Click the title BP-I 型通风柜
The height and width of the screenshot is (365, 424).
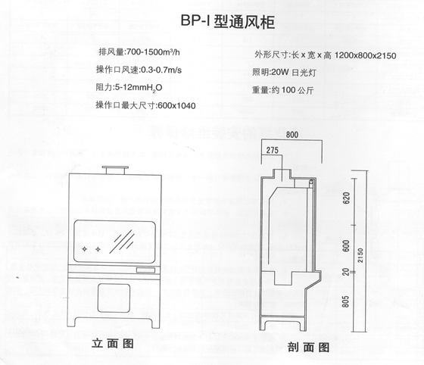coord(228,21)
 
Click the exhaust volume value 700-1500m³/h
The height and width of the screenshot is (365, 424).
coord(153,52)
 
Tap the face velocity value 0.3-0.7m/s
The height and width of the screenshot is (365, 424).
coord(161,70)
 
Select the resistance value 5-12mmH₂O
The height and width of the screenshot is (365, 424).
coord(139,88)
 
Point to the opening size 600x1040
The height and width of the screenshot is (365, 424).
coord(176,105)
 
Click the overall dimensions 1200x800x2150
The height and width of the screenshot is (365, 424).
coord(365,56)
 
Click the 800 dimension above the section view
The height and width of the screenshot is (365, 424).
coord(292,135)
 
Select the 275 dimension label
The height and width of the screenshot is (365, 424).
coord(272,150)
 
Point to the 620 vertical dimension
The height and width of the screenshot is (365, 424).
coord(346,198)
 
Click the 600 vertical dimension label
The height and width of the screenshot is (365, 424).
coord(346,246)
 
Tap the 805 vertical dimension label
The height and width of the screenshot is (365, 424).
coord(345,301)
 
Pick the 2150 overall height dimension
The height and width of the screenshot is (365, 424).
coord(360,255)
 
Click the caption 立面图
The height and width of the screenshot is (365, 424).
coord(113,343)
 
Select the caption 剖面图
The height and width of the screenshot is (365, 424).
coord(309,347)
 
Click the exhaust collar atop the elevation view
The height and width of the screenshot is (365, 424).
coord(115,170)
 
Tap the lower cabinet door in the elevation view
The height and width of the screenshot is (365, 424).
coord(114,298)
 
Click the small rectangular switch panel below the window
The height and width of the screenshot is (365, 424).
coord(145,270)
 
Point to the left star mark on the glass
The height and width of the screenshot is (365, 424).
coord(85,248)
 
